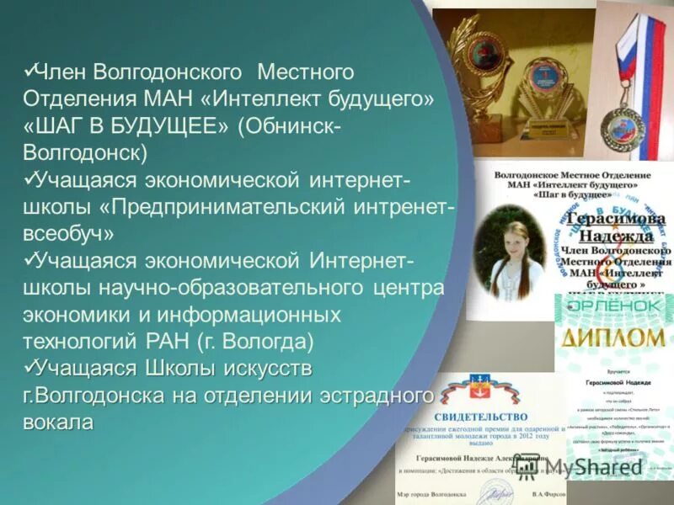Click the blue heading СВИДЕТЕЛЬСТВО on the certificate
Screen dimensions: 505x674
click(x=481, y=417)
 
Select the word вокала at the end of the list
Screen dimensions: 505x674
click(x=58, y=422)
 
